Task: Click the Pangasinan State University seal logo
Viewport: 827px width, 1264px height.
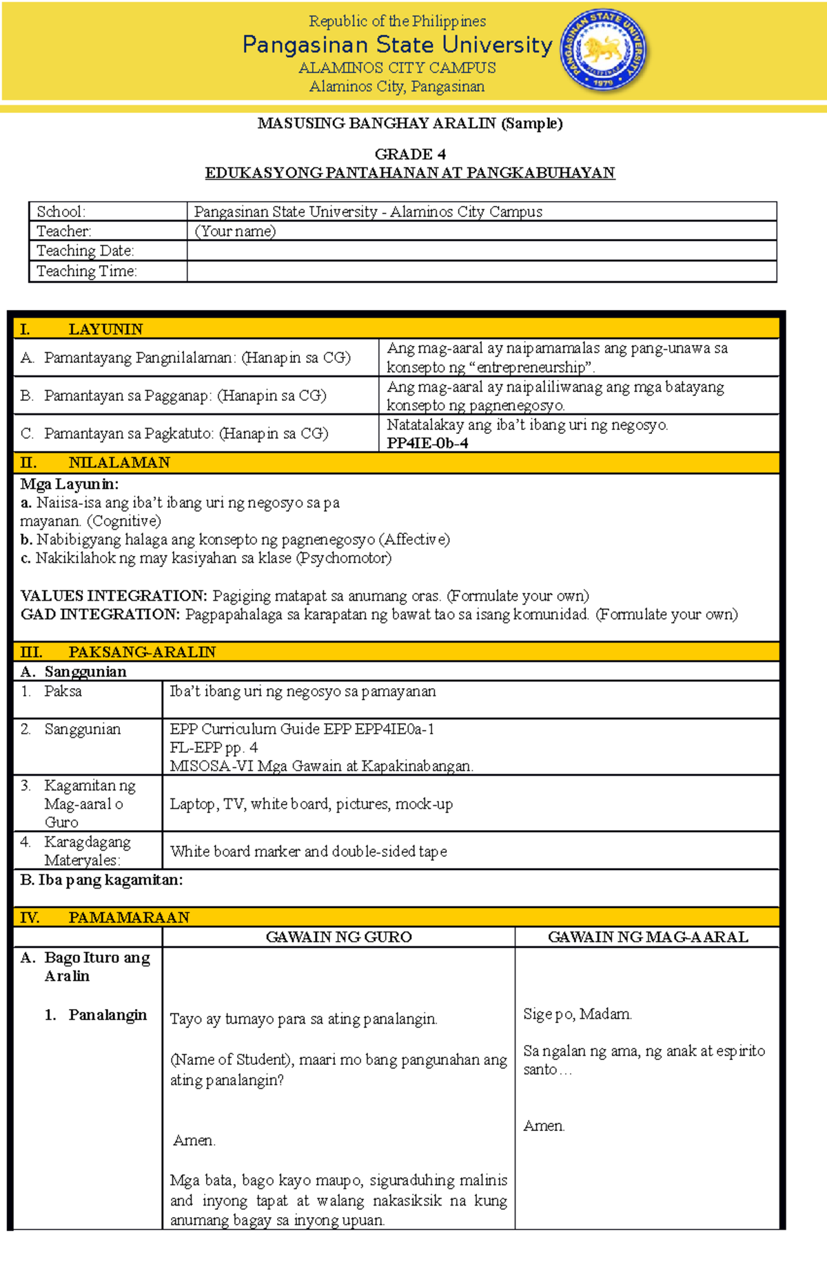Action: [604, 51]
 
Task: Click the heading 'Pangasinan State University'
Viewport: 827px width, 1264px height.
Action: [397, 45]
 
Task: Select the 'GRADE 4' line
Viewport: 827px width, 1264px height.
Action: [410, 154]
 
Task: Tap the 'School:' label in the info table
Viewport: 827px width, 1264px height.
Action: [61, 212]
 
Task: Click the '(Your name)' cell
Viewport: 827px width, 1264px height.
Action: [235, 231]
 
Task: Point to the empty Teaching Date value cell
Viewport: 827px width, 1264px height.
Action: [481, 251]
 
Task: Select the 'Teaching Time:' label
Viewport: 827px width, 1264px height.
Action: [87, 271]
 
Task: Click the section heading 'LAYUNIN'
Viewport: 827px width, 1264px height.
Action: [105, 329]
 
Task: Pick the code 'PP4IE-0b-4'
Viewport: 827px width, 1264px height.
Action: [427, 444]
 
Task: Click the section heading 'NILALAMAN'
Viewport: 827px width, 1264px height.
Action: [119, 463]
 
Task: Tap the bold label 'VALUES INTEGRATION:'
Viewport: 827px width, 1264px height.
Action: [114, 596]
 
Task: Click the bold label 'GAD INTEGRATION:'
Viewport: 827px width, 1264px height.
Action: [101, 614]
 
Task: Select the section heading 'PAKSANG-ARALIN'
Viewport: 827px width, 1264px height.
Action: [142, 652]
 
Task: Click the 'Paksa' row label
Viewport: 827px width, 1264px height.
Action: [63, 692]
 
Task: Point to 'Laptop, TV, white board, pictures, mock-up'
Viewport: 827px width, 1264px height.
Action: [312, 804]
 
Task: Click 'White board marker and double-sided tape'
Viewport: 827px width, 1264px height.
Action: [309, 851]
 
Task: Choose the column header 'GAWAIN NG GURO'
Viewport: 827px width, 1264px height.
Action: [338, 937]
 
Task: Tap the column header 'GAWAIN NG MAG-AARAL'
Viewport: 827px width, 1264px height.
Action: [648, 937]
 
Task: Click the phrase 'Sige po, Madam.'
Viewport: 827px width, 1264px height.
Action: [578, 1014]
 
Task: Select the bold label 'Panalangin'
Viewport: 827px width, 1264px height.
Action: [108, 1015]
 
